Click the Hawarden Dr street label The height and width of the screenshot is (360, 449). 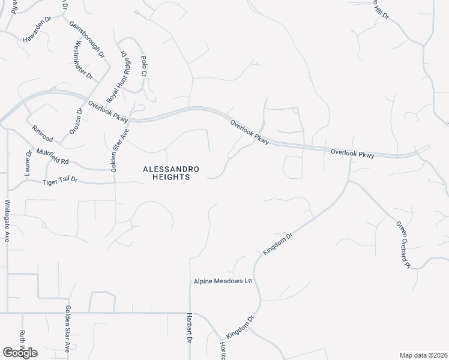(38, 29)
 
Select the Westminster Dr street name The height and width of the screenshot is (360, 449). (83, 61)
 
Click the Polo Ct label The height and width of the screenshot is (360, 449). (144, 66)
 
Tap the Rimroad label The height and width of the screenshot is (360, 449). (43, 134)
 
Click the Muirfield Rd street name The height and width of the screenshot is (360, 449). (53, 157)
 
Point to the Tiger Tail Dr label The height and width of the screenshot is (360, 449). (61, 182)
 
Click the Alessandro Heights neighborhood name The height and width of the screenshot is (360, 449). (166, 173)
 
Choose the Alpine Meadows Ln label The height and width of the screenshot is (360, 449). (222, 281)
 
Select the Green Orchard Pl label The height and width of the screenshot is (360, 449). (402, 244)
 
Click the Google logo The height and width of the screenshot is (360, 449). (20, 352)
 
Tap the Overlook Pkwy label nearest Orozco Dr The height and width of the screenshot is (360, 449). (109, 111)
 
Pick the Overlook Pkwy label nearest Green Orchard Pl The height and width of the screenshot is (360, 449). (352, 154)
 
